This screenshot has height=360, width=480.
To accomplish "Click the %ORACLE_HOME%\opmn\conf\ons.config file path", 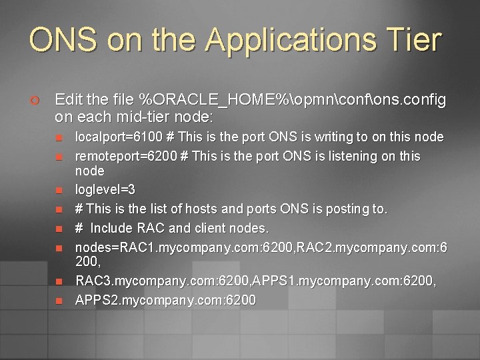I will [x=292, y=100].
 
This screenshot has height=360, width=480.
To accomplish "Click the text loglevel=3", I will [x=105, y=190].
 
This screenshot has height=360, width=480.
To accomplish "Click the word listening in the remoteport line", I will [x=346, y=156].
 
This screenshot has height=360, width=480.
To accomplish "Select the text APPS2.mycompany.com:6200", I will [x=165, y=301].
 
